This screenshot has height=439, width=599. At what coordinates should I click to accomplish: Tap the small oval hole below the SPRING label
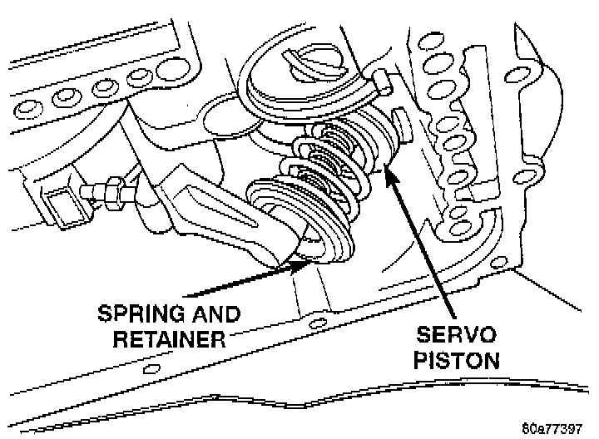150,367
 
